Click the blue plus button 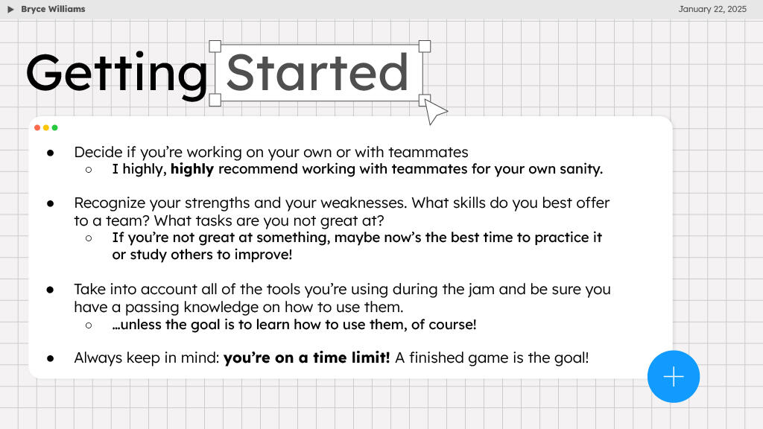click(x=674, y=376)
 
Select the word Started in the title click(x=317, y=73)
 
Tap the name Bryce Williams click(x=53, y=9)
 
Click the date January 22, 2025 click(x=712, y=9)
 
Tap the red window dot click(x=37, y=127)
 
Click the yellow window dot click(x=46, y=127)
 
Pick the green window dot click(x=54, y=127)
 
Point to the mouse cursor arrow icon click(x=434, y=112)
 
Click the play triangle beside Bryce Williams click(x=11, y=9)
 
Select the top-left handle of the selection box click(x=215, y=46)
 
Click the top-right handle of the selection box click(x=425, y=46)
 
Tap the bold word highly click(x=192, y=169)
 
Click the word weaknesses click(x=361, y=203)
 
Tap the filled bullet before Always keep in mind click(x=51, y=358)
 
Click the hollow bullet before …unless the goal click(x=89, y=325)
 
